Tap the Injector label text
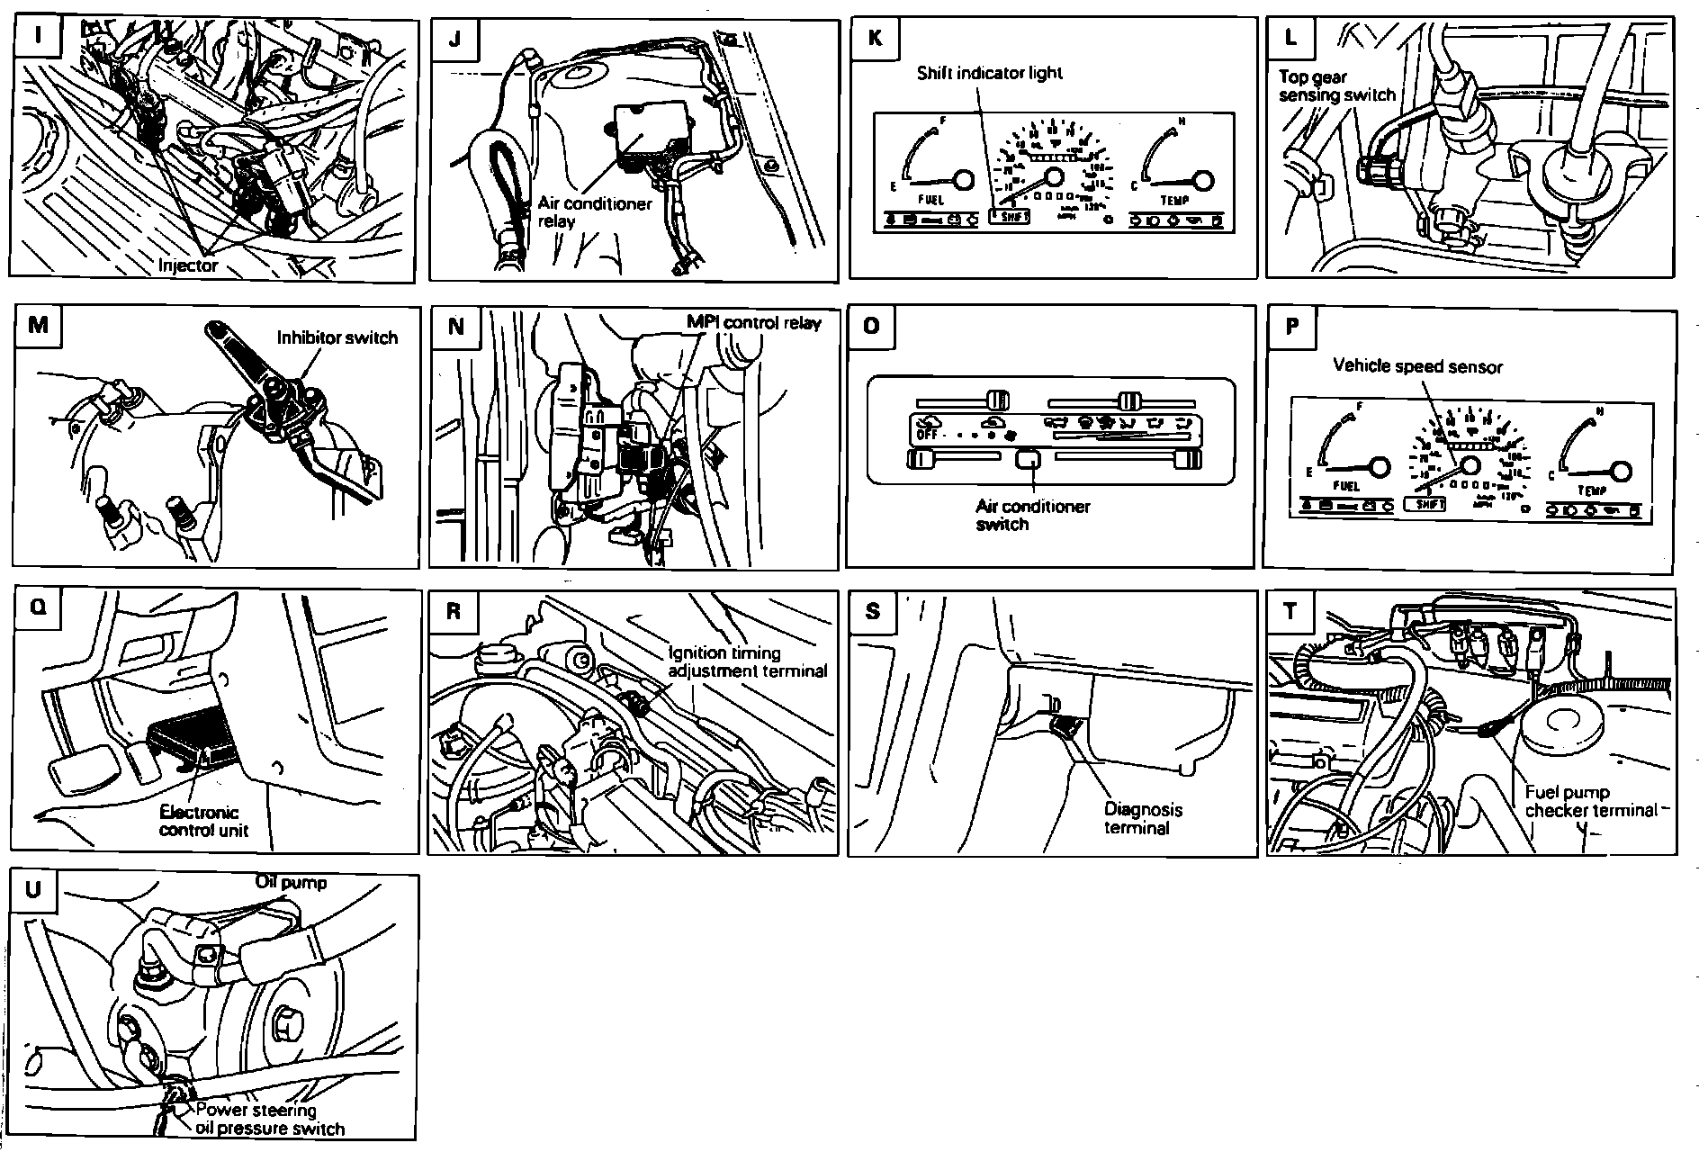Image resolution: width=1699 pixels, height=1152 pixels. (188, 265)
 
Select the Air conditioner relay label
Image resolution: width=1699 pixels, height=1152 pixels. (594, 212)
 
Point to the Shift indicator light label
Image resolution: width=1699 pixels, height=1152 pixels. (989, 73)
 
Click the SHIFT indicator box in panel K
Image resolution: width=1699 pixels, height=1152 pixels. (1010, 216)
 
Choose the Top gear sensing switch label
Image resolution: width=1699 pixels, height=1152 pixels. (1336, 86)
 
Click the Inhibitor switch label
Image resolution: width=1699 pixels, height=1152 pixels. (337, 337)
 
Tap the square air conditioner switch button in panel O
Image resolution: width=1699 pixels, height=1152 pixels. (1028, 460)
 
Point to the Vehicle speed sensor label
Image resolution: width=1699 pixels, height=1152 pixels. (1417, 366)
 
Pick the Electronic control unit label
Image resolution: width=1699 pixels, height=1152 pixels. (204, 821)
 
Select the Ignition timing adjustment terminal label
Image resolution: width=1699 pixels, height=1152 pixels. (747, 661)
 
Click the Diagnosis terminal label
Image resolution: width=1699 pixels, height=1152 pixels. (1143, 818)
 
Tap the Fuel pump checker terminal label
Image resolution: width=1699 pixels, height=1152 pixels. (1590, 801)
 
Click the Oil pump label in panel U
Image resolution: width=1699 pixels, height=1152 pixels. (291, 882)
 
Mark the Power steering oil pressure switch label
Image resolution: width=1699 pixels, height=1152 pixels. (269, 1119)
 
